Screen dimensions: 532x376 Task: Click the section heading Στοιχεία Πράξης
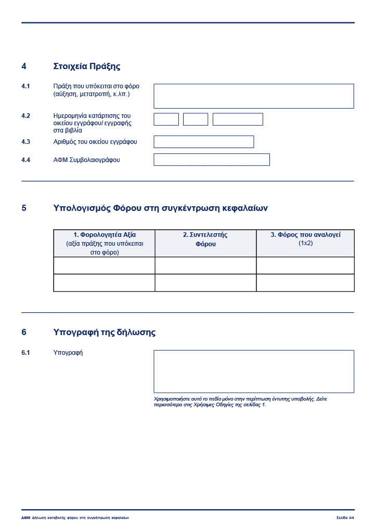(x=86, y=66)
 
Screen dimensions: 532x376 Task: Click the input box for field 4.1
(x=253, y=96)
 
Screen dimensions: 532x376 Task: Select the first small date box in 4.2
(x=166, y=119)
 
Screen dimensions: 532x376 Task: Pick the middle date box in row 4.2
(x=196, y=119)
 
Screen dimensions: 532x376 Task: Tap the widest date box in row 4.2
(x=238, y=119)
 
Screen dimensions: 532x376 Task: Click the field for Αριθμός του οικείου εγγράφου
(x=203, y=142)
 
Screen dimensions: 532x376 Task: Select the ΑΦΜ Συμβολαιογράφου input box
(x=211, y=159)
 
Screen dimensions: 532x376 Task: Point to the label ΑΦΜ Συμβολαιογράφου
(x=86, y=160)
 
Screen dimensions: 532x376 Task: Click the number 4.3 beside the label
(x=25, y=142)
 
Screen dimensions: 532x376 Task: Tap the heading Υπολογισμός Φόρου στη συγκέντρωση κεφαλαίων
(x=160, y=208)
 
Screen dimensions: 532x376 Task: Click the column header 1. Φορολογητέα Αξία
(x=104, y=235)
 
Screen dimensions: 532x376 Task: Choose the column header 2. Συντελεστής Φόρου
(x=205, y=239)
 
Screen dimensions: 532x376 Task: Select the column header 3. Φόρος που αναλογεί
(x=305, y=235)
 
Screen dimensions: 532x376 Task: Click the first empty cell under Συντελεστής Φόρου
(x=205, y=265)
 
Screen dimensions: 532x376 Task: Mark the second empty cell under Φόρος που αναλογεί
(x=305, y=283)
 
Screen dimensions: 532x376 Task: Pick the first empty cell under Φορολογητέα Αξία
(x=104, y=265)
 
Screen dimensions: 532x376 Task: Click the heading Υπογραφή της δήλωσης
(x=104, y=332)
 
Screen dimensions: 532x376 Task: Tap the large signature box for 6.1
(x=253, y=371)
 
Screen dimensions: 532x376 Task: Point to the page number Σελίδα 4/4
(x=344, y=518)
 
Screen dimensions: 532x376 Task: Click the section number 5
(x=24, y=208)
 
